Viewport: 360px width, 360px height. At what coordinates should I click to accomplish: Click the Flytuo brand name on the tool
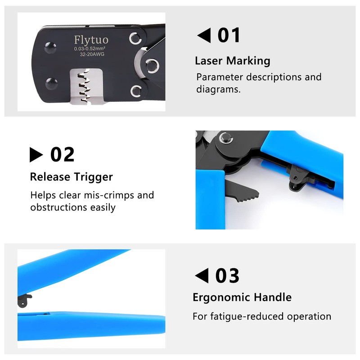(91, 40)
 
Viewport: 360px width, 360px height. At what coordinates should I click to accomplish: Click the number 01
(229, 36)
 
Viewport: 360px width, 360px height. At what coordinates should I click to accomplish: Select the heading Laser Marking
(232, 61)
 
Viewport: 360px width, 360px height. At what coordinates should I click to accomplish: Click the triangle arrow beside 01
(204, 36)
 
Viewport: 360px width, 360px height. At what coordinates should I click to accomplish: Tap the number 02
(62, 154)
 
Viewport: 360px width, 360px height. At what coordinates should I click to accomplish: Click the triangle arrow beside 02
(36, 155)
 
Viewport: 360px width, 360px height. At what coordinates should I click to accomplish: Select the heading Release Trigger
(71, 176)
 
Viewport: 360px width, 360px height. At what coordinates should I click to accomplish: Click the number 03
(227, 276)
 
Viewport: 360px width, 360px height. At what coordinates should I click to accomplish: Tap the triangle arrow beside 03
(202, 276)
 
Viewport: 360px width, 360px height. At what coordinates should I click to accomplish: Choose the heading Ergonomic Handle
(242, 297)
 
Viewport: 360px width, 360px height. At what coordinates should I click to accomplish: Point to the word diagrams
(218, 89)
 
